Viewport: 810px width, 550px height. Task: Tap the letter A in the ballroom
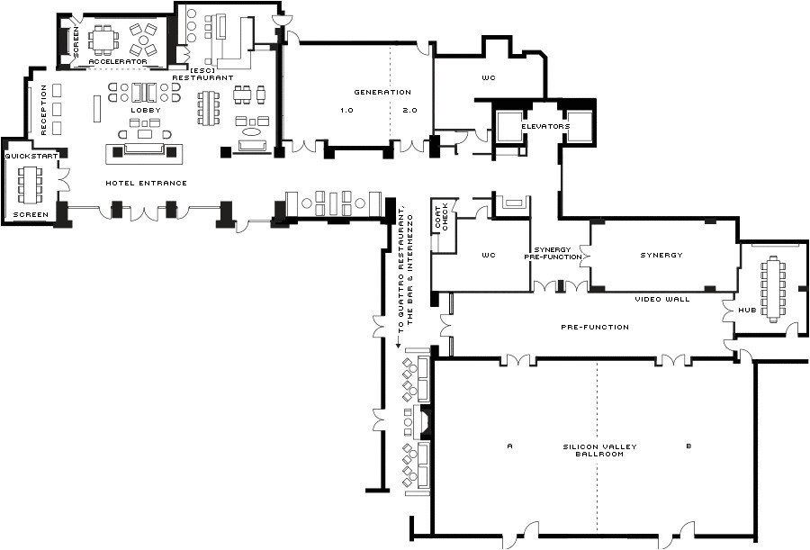pos(509,446)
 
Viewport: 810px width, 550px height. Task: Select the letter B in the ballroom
pos(688,446)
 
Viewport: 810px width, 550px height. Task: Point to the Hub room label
pos(747,310)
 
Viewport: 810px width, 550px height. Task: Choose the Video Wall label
pos(661,299)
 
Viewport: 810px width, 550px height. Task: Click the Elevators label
pos(545,127)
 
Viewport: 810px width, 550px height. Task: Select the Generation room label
pos(382,92)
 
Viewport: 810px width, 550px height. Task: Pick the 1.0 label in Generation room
pos(346,110)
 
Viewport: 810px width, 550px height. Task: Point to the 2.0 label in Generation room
pos(410,110)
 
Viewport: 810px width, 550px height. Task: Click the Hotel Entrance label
pos(146,183)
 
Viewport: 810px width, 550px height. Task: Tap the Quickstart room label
pos(31,156)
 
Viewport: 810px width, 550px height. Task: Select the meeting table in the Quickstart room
pos(32,185)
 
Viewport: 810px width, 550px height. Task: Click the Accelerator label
pos(117,61)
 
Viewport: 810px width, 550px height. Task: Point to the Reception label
pos(42,110)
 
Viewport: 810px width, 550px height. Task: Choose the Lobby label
pos(145,110)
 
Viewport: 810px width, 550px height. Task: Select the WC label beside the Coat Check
pos(488,255)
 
